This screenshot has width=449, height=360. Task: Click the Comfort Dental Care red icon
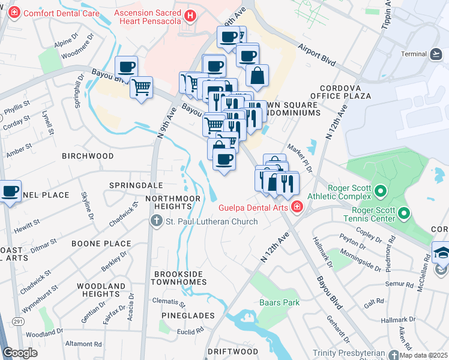click(x=14, y=13)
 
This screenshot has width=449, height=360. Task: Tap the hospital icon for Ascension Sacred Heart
click(x=190, y=16)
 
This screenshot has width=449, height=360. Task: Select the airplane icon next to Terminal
click(x=436, y=54)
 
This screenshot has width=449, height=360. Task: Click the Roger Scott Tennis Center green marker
click(x=404, y=213)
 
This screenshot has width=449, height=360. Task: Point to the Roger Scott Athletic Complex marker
click(x=379, y=191)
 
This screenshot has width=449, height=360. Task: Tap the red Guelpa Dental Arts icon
click(x=296, y=208)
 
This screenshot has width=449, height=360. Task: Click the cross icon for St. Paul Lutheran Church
click(x=156, y=221)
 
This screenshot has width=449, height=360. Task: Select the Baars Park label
click(x=279, y=302)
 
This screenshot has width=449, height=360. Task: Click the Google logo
click(x=20, y=353)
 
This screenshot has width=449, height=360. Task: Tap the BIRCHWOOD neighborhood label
click(x=88, y=156)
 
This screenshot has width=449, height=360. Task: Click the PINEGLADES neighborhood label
click(x=188, y=315)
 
